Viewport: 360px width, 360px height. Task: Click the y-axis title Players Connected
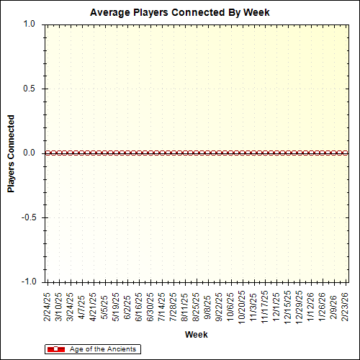tap(11, 153)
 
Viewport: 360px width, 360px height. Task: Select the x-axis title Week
tap(196, 335)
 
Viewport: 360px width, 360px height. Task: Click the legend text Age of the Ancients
tap(102, 349)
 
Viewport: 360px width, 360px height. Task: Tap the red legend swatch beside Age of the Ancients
tap(55, 349)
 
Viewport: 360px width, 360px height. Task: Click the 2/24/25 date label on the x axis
tap(47, 306)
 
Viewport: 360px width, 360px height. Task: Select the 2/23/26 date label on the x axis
tap(347, 306)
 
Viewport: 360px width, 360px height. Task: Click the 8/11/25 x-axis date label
tap(185, 306)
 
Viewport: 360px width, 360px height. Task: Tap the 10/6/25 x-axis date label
tap(231, 306)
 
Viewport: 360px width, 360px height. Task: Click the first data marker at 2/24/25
tap(47, 153)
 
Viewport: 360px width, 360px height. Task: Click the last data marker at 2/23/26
tap(346, 153)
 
